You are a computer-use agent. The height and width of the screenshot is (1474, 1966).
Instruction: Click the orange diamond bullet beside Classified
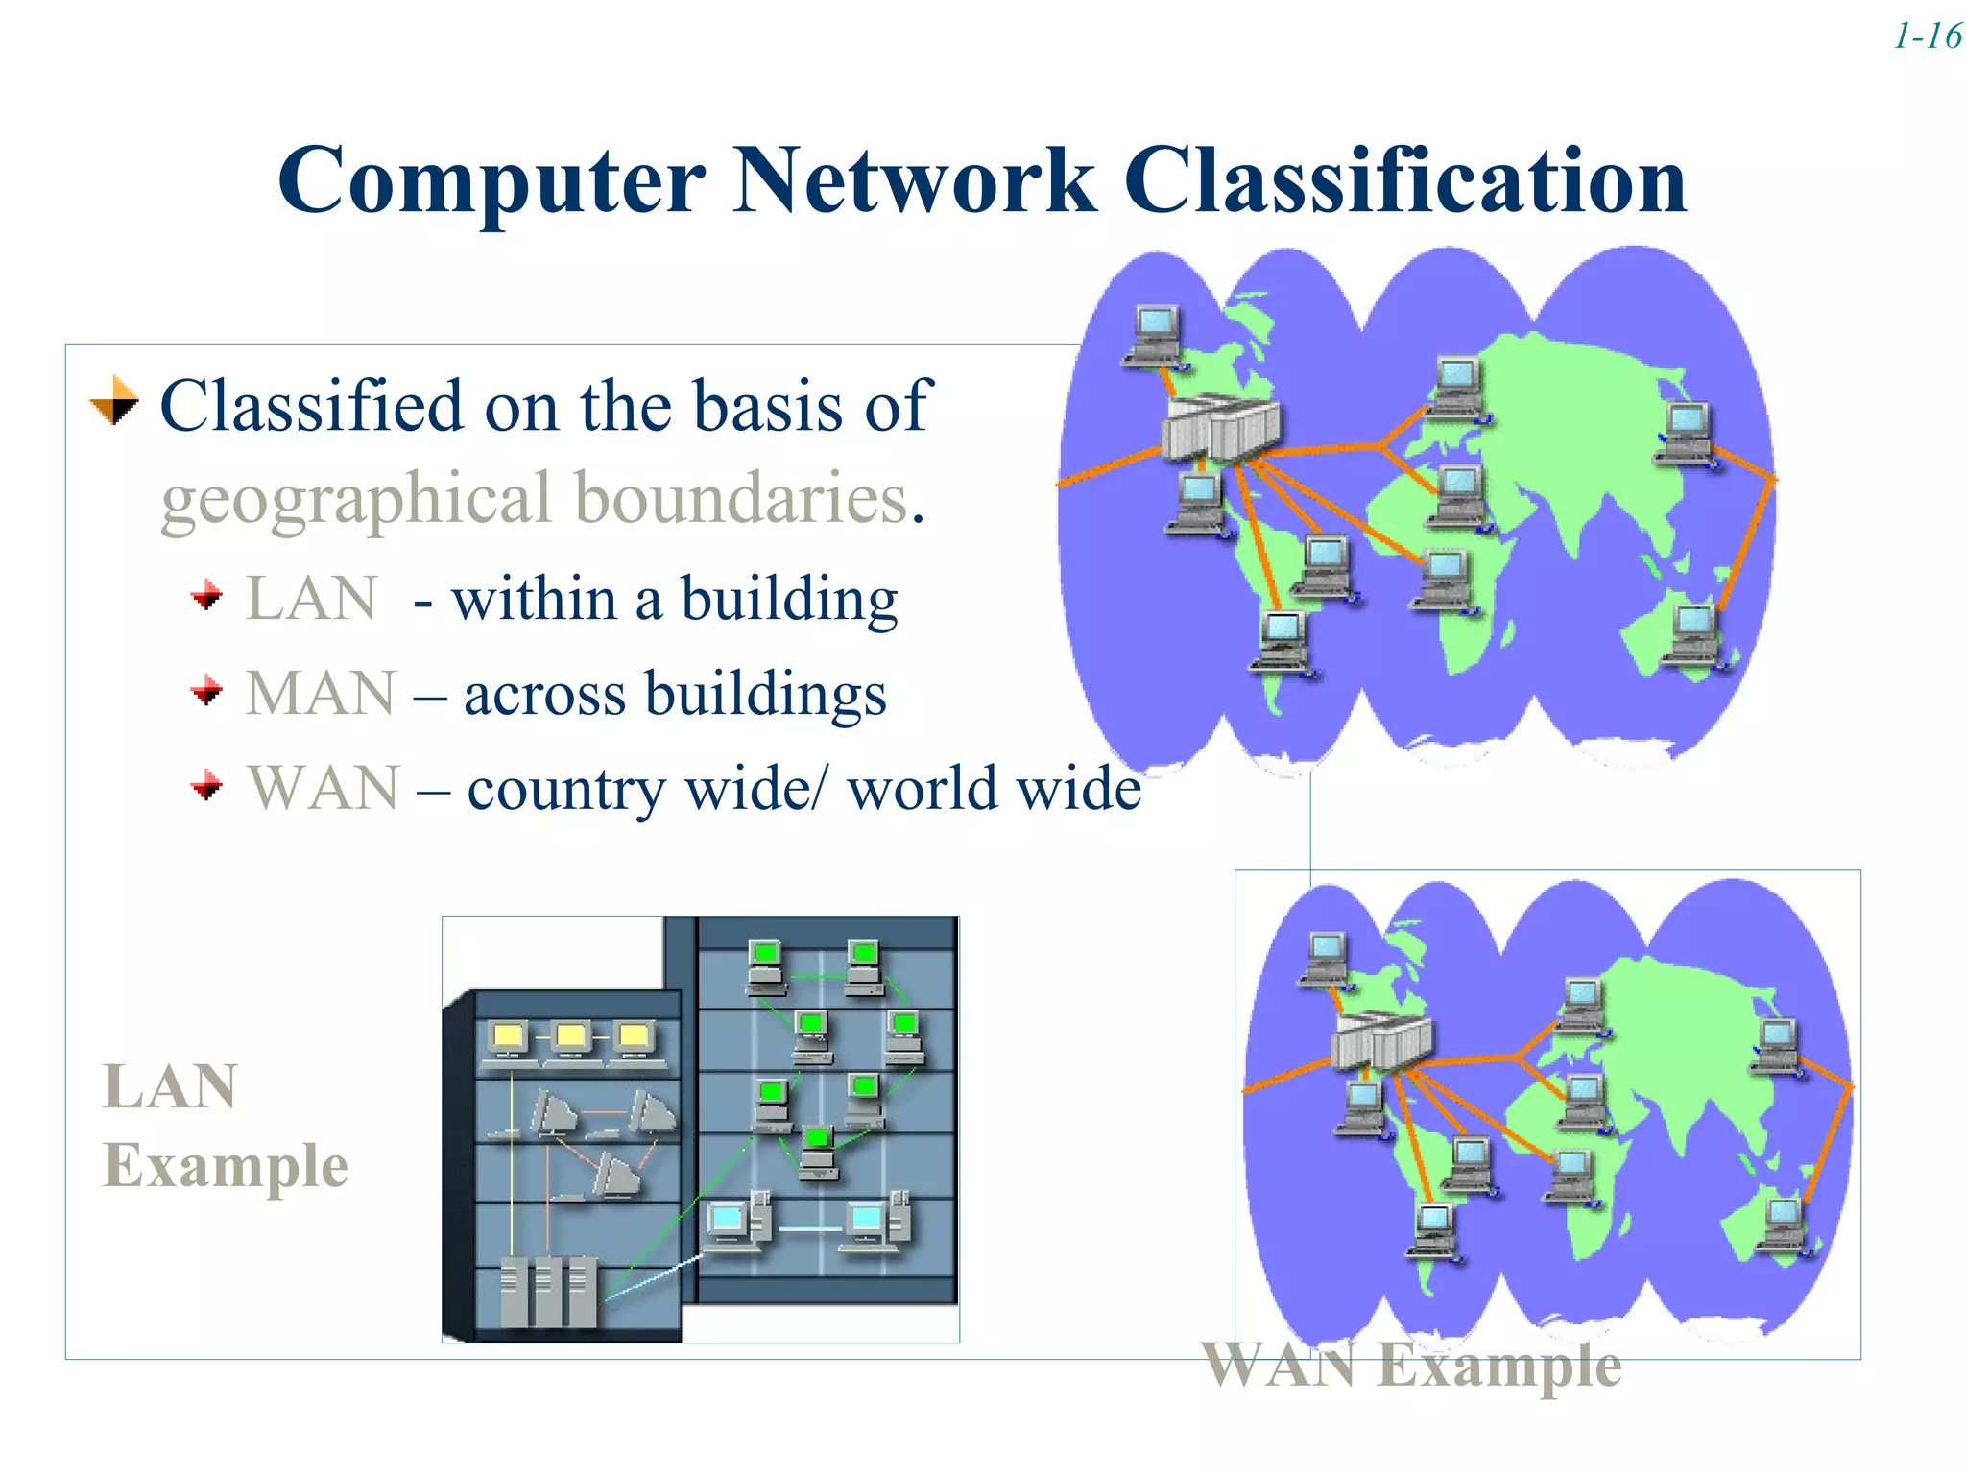click(x=114, y=400)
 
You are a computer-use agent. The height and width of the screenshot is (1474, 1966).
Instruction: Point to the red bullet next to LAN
click(x=206, y=597)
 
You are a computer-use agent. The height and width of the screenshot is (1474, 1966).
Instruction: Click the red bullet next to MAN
click(x=206, y=691)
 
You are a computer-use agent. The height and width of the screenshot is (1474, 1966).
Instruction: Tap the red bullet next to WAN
click(x=206, y=787)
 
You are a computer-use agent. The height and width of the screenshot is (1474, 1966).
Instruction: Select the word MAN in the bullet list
click(x=321, y=693)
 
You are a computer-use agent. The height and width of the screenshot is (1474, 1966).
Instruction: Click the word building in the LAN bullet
click(x=789, y=601)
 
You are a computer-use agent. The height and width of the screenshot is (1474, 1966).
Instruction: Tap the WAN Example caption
click(x=1411, y=1365)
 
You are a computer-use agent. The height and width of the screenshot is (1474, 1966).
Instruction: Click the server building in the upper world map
click(x=1219, y=428)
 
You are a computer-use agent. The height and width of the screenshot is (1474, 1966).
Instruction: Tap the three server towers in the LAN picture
click(x=548, y=1291)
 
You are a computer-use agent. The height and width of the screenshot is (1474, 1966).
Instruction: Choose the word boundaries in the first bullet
click(x=741, y=499)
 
